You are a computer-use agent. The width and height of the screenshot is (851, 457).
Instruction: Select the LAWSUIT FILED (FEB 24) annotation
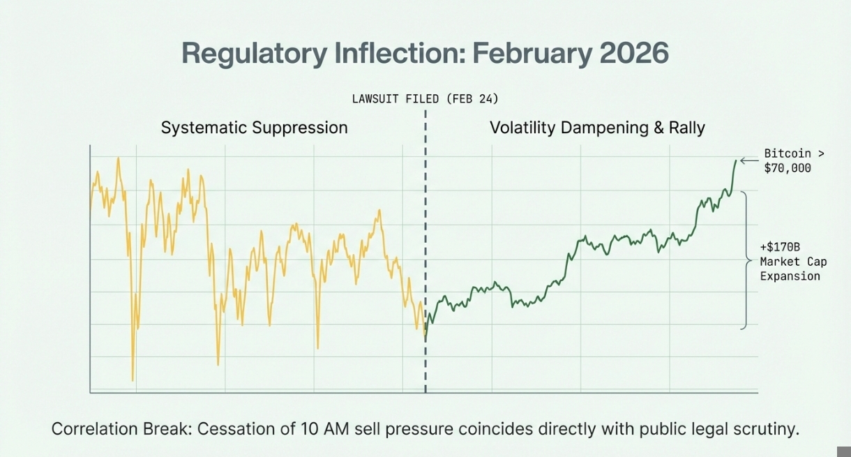[425, 98]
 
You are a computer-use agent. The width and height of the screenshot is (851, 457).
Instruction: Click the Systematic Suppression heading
[254, 128]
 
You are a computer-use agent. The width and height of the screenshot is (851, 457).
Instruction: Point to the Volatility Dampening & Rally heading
[597, 128]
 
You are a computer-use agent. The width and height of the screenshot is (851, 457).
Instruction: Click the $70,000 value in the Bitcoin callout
[788, 168]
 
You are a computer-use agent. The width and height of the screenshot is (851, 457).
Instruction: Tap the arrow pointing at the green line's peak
[748, 161]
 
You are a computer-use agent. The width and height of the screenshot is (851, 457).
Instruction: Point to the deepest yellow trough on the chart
[133, 380]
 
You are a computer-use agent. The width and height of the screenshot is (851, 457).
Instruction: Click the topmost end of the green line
[736, 160]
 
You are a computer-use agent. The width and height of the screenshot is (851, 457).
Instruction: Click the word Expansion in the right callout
[790, 276]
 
